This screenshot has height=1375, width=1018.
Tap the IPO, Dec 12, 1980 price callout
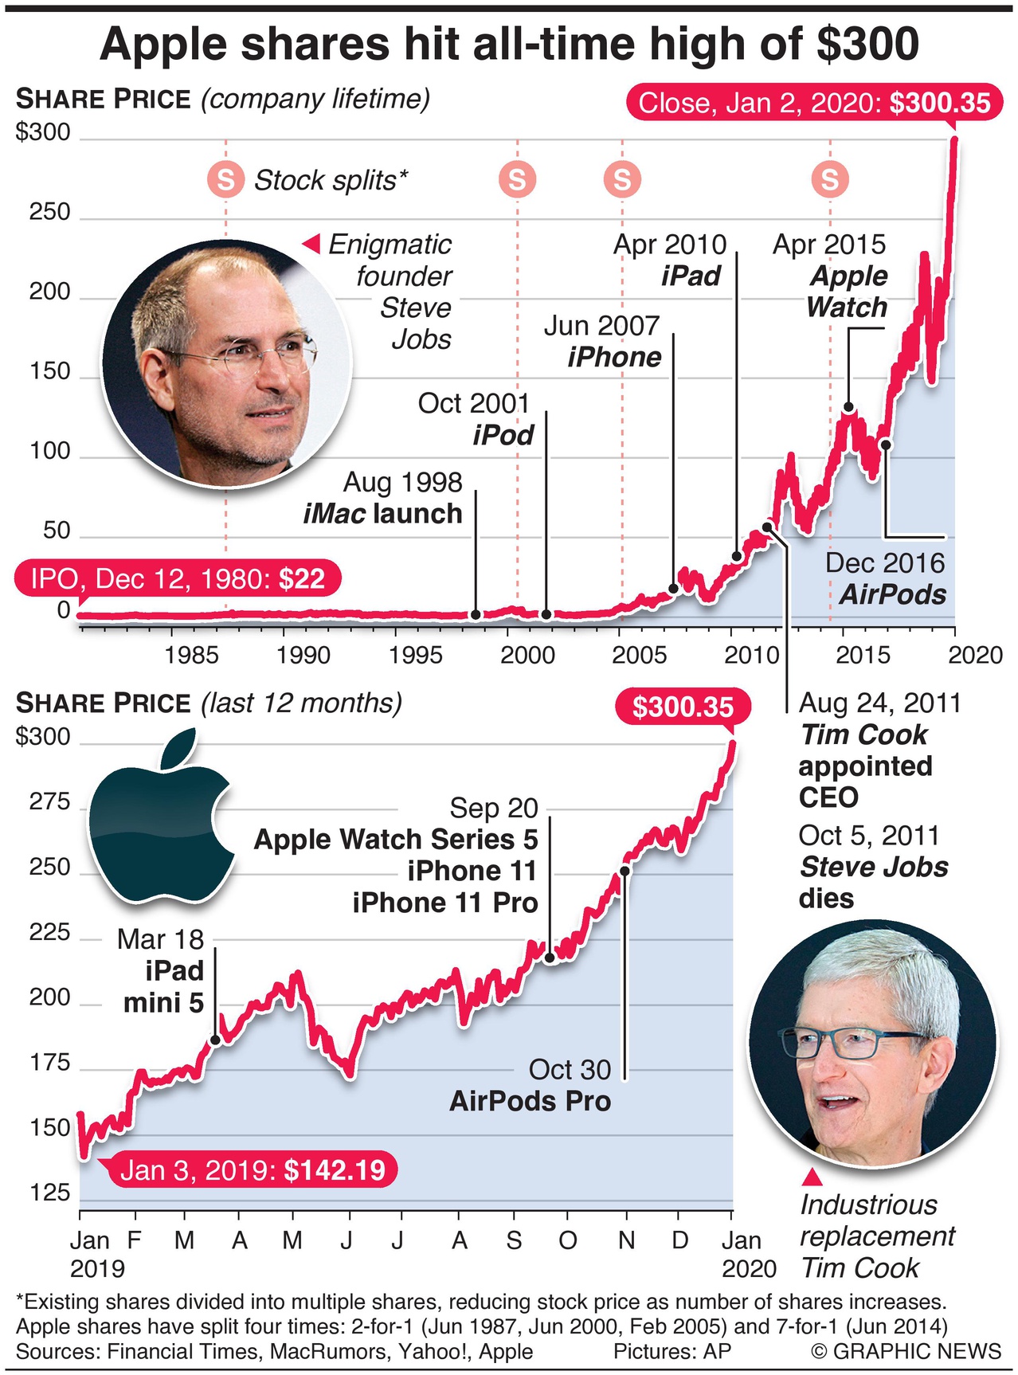pyautogui.click(x=178, y=578)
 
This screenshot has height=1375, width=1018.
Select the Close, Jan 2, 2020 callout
pyautogui.click(x=814, y=103)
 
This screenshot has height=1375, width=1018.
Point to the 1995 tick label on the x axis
pyautogui.click(x=415, y=655)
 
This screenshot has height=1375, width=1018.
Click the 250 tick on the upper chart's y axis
pyautogui.click(x=49, y=213)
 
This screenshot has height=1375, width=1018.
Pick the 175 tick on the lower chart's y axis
pyautogui.click(x=49, y=1063)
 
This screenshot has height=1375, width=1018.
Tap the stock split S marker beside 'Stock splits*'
pyautogui.click(x=225, y=180)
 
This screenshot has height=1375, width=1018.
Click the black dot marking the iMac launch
pyautogui.click(x=476, y=614)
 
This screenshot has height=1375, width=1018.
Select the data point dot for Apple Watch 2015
pyautogui.click(x=848, y=407)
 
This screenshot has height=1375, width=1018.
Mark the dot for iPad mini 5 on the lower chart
pyautogui.click(x=215, y=1040)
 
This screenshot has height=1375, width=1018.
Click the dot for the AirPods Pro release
pyautogui.click(x=625, y=871)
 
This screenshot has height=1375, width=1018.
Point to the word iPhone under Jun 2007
pyautogui.click(x=614, y=357)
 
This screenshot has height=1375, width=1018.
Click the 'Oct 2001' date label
pyautogui.click(x=473, y=403)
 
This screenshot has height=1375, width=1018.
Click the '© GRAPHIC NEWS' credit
pyautogui.click(x=906, y=1351)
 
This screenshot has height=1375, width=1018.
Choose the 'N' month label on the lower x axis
pyautogui.click(x=627, y=1240)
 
